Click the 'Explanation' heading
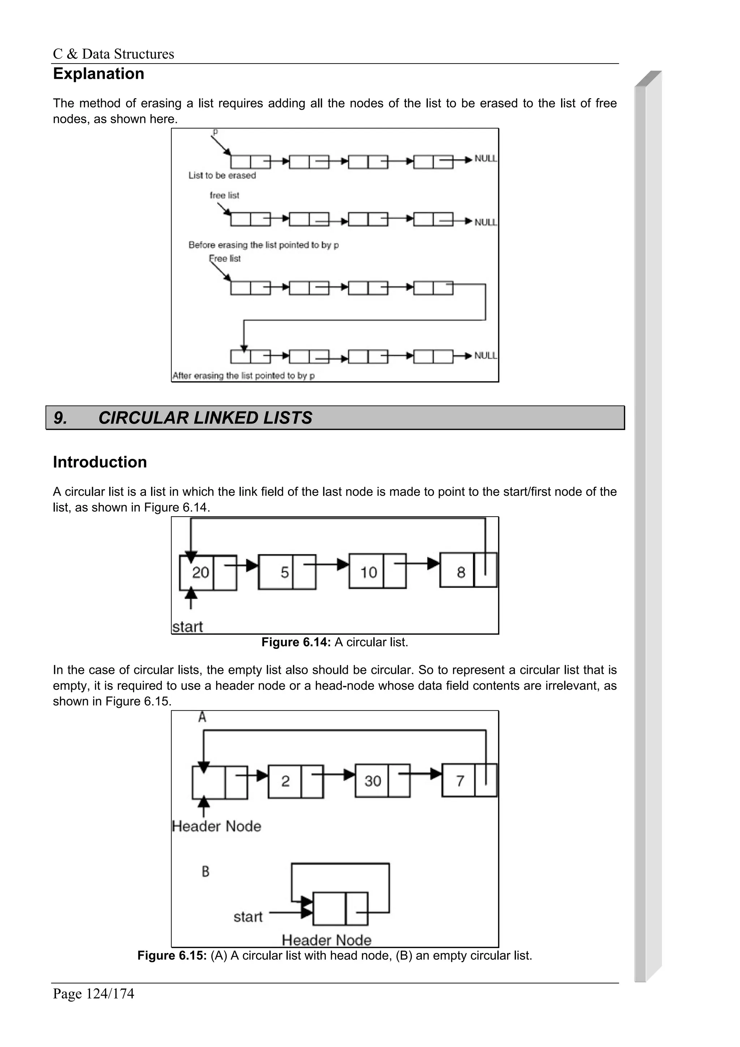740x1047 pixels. (99, 74)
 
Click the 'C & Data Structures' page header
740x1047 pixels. (113, 54)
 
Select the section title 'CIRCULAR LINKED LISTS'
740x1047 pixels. (205, 418)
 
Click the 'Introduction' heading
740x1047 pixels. (100, 462)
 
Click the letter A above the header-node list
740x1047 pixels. (202, 717)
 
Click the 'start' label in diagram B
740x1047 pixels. (248, 917)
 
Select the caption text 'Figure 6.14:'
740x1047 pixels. (296, 642)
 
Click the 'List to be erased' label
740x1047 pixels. (222, 176)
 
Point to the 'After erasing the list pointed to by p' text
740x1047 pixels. (244, 376)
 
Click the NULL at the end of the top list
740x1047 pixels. (486, 159)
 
